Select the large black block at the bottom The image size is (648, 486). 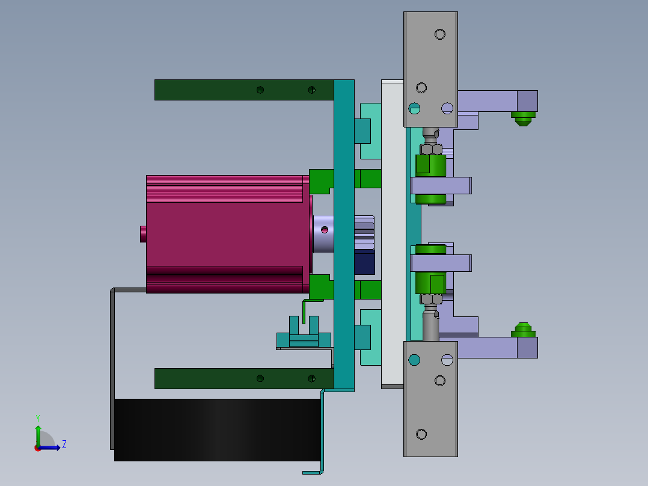[x=216, y=429]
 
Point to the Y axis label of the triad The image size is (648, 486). [x=37, y=417]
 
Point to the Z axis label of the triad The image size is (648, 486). [x=64, y=444]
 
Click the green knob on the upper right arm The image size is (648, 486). [x=523, y=117]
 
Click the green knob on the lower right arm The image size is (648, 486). [x=523, y=330]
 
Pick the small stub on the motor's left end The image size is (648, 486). [x=143, y=233]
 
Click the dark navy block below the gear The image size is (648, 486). [x=364, y=262]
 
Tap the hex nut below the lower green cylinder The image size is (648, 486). [x=430, y=298]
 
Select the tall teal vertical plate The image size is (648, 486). [x=344, y=235]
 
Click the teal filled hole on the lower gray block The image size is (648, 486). [x=414, y=360]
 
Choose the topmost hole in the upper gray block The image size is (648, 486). [x=440, y=34]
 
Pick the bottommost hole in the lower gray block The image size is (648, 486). [x=421, y=434]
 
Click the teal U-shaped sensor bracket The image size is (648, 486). [x=304, y=337]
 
